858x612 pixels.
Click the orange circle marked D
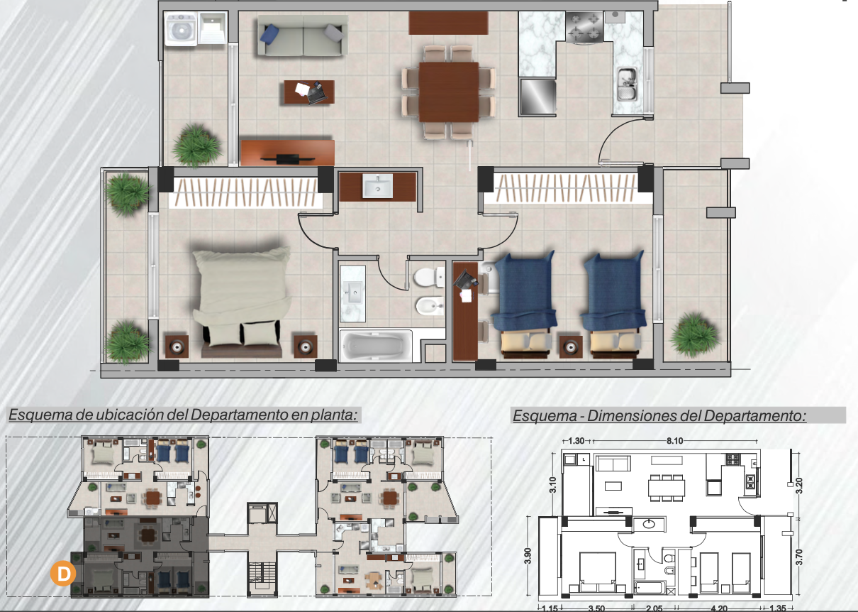(63, 573)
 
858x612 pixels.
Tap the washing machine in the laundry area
(182, 30)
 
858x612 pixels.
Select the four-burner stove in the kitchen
(584, 27)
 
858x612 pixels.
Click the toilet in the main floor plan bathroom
(429, 277)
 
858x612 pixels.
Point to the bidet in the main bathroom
(430, 305)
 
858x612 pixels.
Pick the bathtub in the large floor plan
(375, 346)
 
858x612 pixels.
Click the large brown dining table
(449, 92)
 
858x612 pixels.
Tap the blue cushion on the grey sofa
(270, 33)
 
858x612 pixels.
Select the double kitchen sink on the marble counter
(627, 84)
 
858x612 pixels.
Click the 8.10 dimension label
(674, 441)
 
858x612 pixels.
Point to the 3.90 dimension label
(528, 556)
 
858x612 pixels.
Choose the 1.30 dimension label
(576, 441)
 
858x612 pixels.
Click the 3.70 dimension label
(798, 557)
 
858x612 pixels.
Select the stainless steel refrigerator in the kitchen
(537, 97)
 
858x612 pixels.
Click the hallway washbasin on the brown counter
(378, 185)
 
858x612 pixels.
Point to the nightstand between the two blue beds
(571, 346)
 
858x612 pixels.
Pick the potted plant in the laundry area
(196, 146)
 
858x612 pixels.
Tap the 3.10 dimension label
(552, 485)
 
